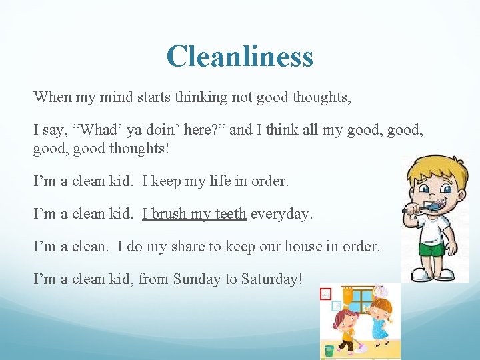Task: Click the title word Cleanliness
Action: click(x=240, y=56)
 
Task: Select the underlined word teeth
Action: click(x=230, y=214)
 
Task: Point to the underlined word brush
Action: click(x=168, y=214)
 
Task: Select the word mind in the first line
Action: click(x=115, y=97)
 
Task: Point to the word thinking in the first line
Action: click(x=202, y=97)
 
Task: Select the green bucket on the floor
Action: click(x=329, y=349)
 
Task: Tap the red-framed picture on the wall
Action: click(x=326, y=293)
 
